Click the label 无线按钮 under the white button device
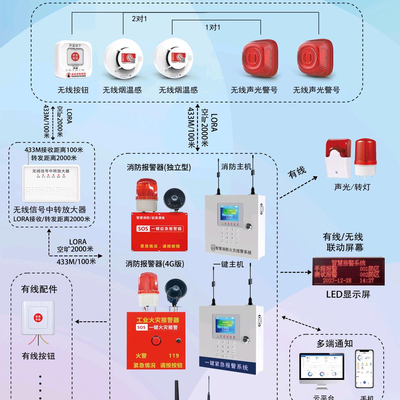click(x=73, y=90)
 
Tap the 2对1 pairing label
click(x=139, y=19)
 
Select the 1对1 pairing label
click(x=213, y=27)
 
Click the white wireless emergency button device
click(x=75, y=60)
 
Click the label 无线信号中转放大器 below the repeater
click(x=50, y=210)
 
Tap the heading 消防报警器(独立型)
click(x=159, y=167)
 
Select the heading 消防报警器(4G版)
click(x=155, y=264)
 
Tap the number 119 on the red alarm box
click(x=174, y=356)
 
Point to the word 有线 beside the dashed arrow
click(x=297, y=172)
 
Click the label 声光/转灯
click(x=352, y=187)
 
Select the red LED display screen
click(x=348, y=271)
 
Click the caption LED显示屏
click(x=348, y=294)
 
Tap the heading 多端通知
click(x=334, y=343)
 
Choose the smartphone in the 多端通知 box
click(x=364, y=369)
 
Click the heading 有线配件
click(x=39, y=289)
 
